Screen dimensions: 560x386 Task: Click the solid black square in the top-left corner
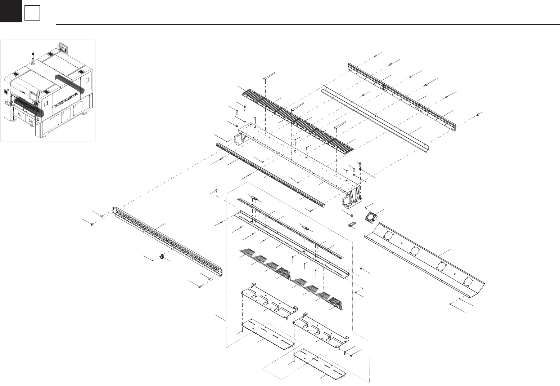point(11,11)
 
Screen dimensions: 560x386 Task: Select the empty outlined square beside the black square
point(32,14)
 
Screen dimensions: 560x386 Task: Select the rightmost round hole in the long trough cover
point(467,281)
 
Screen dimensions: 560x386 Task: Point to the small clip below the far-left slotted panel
point(162,257)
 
